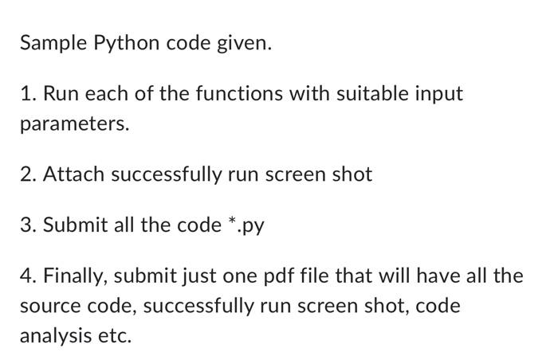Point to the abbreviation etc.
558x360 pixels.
[114, 336]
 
